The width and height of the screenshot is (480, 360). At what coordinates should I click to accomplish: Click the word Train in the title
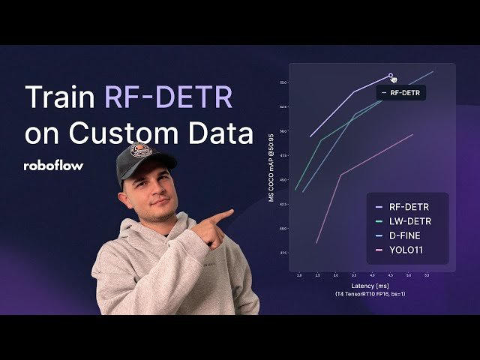pyautogui.click(x=61, y=98)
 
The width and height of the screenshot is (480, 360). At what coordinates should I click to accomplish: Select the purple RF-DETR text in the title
pyautogui.click(x=168, y=98)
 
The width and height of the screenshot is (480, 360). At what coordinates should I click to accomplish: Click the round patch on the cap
pyautogui.click(x=140, y=154)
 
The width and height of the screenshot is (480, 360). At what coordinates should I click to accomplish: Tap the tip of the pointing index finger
pyautogui.click(x=229, y=212)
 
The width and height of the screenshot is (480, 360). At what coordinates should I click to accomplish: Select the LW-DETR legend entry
pyautogui.click(x=409, y=221)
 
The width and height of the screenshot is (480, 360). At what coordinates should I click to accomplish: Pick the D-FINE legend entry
pyautogui.click(x=406, y=235)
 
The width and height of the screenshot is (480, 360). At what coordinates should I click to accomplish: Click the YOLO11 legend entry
pyautogui.click(x=406, y=250)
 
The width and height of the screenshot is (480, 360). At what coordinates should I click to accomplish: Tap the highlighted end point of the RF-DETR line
pyautogui.click(x=391, y=75)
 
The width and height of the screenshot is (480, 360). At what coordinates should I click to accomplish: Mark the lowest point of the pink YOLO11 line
pyautogui.click(x=317, y=243)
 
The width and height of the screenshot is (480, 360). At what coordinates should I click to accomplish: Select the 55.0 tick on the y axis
pyautogui.click(x=283, y=82)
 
